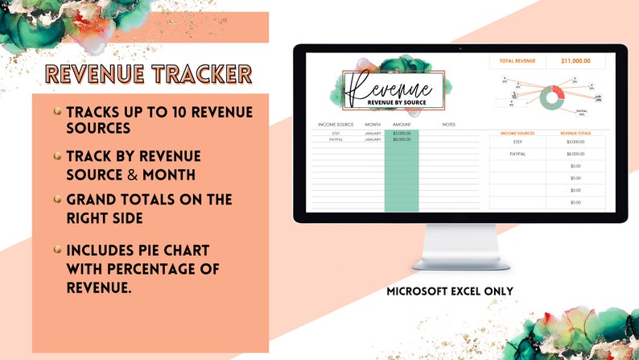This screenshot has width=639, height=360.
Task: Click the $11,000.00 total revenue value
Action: tap(575, 60)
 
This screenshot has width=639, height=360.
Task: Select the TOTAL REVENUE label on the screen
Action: tap(517, 60)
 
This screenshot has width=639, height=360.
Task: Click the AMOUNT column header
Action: tap(402, 125)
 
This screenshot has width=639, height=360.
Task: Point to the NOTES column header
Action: tap(448, 125)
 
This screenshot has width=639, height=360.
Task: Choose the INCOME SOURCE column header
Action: tap(336, 125)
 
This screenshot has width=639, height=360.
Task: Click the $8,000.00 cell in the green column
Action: tap(402, 139)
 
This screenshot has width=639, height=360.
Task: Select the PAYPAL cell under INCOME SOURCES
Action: tap(517, 154)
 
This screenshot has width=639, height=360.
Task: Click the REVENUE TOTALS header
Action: tap(575, 132)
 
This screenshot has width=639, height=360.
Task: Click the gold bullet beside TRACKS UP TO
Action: tap(57, 112)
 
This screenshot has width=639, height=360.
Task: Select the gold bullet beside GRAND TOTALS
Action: tap(57, 199)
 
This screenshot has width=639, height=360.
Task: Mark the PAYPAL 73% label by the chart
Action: tap(581, 113)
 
